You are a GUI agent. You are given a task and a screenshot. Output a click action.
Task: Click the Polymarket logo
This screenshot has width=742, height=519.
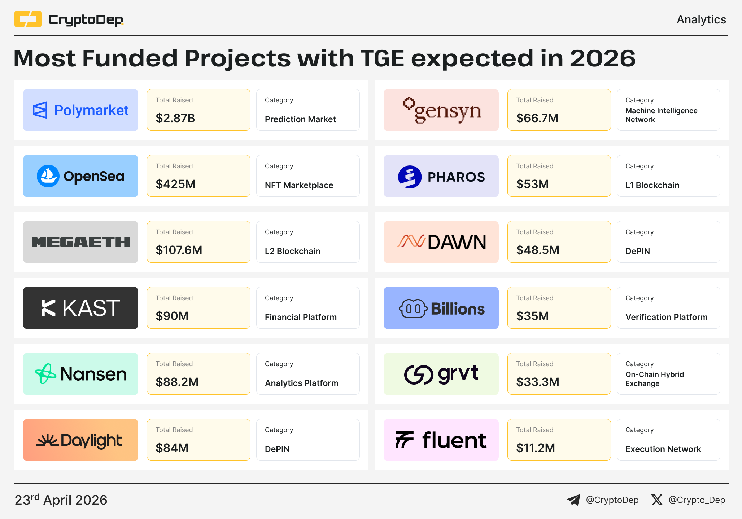point(80,110)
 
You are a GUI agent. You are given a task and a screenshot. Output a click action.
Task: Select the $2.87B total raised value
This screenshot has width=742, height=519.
point(175,118)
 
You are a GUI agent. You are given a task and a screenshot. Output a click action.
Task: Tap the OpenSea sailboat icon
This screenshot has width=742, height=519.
point(48,176)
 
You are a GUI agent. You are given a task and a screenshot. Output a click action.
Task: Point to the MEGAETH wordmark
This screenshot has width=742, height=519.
point(80,242)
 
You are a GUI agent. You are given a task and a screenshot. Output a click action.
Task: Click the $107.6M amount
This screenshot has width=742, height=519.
point(179,250)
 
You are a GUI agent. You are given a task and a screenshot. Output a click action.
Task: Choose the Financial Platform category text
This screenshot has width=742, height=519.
point(301,317)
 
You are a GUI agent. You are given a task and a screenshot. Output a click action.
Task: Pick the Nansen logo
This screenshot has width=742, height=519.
point(80,374)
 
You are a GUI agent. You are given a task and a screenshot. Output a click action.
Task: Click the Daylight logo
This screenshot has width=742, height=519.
point(80,440)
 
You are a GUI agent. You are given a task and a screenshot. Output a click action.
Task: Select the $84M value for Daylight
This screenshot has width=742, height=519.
point(172,448)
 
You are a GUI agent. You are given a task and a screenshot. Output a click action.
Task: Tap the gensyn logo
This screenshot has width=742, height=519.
point(441,110)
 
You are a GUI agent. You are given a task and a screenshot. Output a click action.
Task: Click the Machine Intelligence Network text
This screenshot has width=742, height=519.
point(661,115)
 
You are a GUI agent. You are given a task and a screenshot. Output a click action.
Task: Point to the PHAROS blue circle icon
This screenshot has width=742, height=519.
point(410,177)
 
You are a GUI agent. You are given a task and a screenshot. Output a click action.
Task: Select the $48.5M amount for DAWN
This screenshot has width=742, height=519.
point(538,250)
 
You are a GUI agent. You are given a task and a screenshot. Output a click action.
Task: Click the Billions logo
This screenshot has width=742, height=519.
point(441,309)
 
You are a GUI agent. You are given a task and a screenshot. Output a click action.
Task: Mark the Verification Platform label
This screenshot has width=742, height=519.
point(666,317)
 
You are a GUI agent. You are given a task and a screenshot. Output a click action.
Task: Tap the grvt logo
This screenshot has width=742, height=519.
point(441,374)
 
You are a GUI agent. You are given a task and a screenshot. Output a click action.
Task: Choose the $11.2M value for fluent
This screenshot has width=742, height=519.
point(536,448)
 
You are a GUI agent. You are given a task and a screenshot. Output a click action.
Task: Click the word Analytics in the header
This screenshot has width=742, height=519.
point(701,19)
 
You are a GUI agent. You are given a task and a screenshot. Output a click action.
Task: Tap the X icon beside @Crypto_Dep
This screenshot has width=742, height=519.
point(657,500)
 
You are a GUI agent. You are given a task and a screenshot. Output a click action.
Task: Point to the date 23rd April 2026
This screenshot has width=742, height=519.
point(61,500)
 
